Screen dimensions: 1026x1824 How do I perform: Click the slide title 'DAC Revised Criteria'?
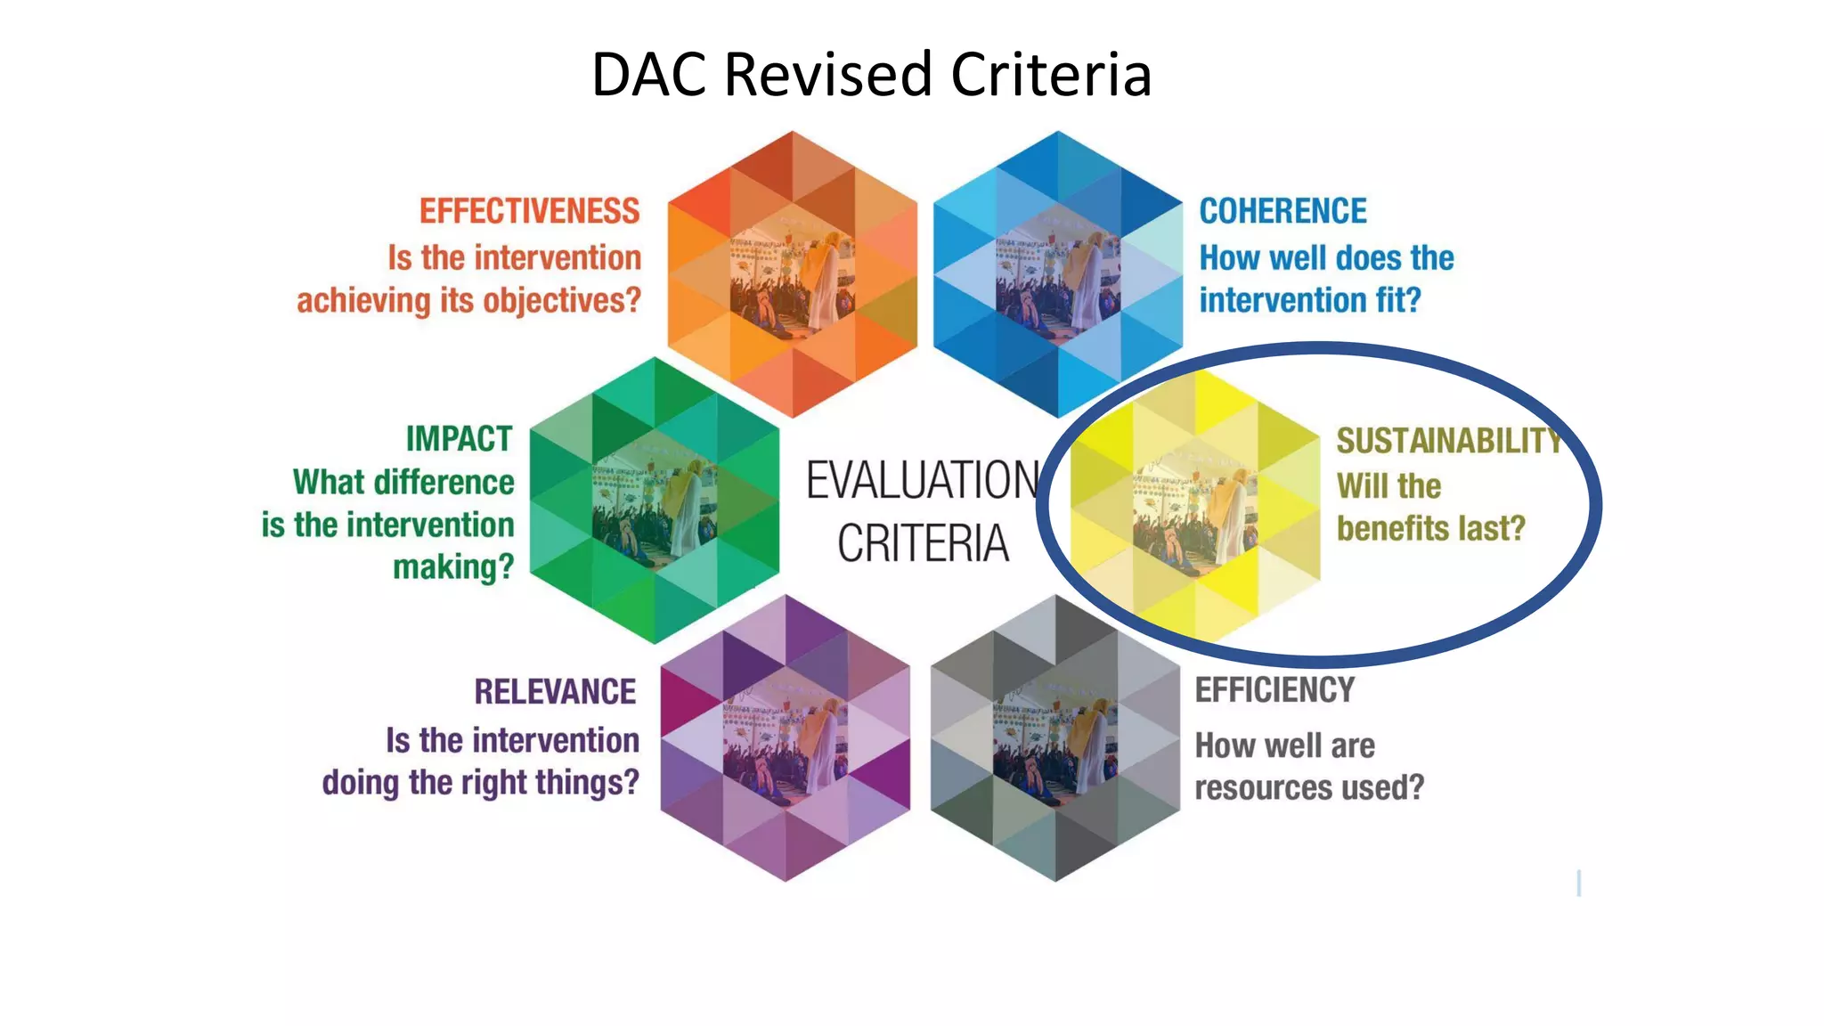871,74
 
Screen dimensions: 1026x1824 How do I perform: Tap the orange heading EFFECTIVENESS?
529,211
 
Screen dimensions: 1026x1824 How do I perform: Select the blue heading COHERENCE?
1282,211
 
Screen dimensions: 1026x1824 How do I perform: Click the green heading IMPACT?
459,439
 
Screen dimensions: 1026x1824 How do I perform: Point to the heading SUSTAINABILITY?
1448,441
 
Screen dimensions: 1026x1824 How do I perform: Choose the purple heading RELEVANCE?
555,692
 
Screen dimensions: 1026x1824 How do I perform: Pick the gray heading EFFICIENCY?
1274,690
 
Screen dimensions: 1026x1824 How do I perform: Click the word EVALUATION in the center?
923,481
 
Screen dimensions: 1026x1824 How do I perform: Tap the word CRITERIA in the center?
923,543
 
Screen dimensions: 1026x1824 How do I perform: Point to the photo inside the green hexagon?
655,501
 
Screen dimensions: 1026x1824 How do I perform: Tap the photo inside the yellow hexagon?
1195,501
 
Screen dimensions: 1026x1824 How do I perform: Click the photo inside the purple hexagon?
786,739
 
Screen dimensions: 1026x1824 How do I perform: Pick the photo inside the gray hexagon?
1055,739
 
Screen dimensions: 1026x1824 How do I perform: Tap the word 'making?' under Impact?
453,567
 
